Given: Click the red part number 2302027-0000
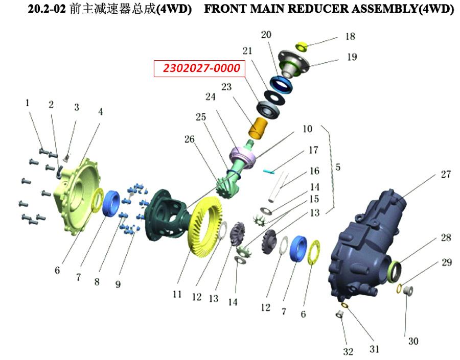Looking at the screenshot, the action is (201, 68).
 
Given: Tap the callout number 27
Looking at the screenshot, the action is (446, 174).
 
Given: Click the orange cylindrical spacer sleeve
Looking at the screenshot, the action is (259, 128).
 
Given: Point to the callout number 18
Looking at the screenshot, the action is (350, 36).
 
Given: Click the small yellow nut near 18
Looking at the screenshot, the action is (301, 46).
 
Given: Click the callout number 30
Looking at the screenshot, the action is (413, 341).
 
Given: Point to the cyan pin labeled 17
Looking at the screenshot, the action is (269, 172).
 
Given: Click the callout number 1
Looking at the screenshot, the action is (27, 103).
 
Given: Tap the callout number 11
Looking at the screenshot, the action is (177, 294).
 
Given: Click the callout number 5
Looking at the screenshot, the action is (338, 167).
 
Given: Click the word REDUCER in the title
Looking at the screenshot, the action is (318, 9).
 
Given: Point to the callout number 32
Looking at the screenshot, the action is (348, 351).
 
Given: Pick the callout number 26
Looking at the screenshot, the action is (189, 139).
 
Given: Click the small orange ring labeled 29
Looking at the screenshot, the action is (399, 289).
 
